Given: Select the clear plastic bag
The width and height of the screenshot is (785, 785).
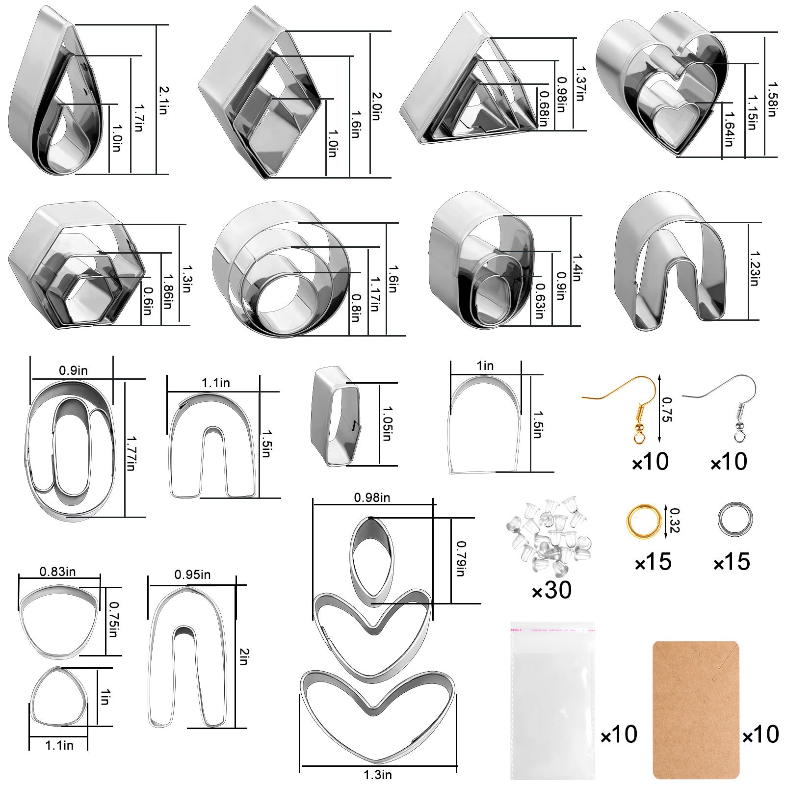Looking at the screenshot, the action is click(552, 701).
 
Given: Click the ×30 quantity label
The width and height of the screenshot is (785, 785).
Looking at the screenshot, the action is click(552, 590).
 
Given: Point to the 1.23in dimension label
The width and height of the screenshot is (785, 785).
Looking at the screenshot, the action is click(755, 269).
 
